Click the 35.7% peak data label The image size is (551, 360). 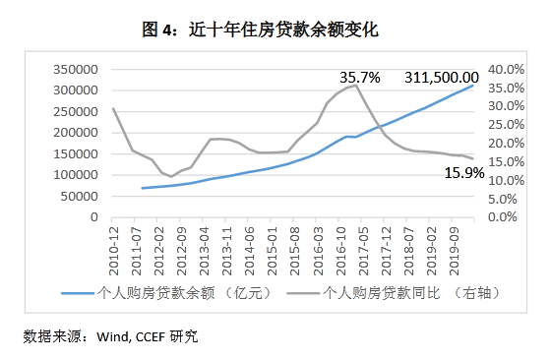click(360, 76)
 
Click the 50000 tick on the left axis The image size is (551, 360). click(81, 196)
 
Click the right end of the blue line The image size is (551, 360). click(473, 86)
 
